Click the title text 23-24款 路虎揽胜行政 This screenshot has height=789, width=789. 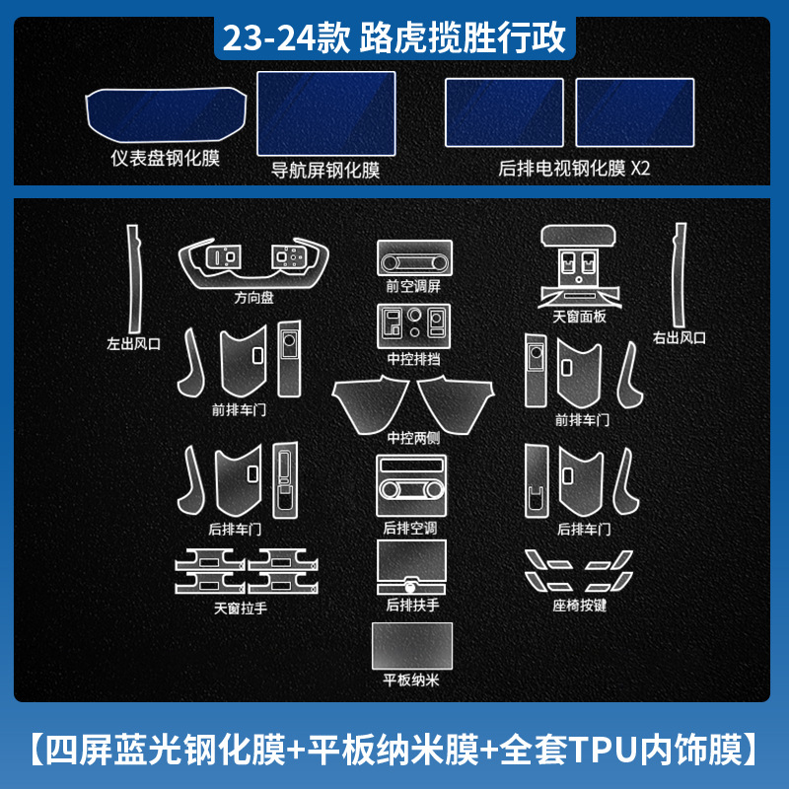click(394, 38)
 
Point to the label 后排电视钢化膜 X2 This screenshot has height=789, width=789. click(575, 168)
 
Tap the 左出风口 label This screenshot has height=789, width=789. click(133, 343)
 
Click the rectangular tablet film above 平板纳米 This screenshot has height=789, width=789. click(411, 646)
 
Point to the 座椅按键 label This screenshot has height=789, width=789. click(580, 605)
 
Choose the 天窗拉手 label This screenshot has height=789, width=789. click(241, 609)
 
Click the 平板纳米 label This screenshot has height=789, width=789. click(410, 680)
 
